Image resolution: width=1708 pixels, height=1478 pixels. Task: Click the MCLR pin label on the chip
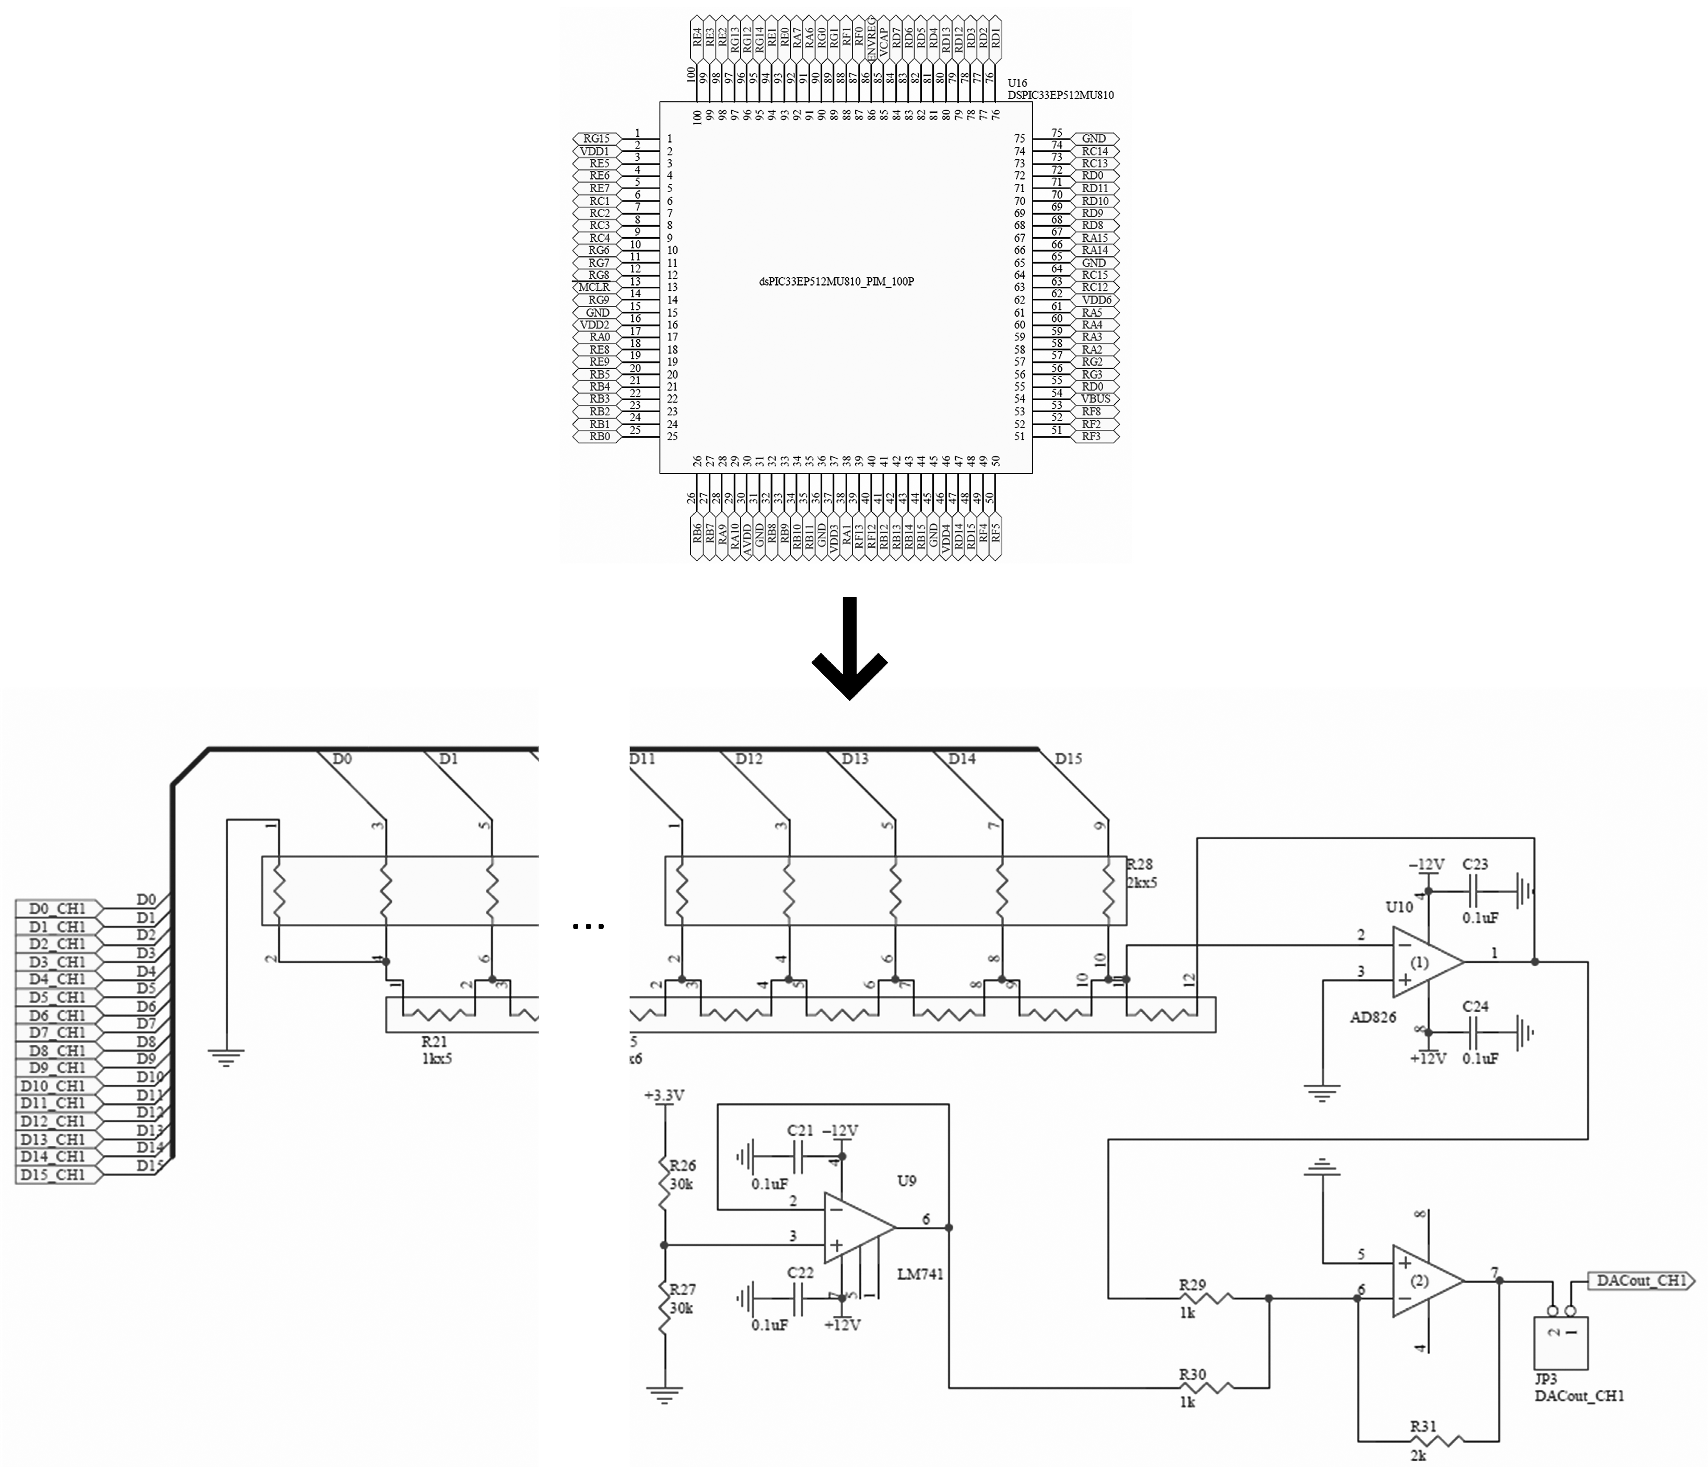pos(594,287)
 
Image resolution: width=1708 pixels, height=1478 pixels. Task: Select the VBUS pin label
pos(1095,398)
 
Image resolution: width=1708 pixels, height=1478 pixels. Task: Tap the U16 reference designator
pos(1017,84)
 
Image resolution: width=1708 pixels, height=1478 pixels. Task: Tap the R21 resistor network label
pos(434,1042)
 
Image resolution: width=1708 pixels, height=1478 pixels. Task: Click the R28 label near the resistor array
pos(1139,864)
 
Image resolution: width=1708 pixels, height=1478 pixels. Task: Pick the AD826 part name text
pos(1372,1017)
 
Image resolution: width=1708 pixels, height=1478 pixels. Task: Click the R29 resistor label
pos(1192,1284)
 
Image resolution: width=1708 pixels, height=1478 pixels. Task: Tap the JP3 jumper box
pos(1560,1342)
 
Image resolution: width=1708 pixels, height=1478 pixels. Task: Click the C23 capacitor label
pos(1476,864)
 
